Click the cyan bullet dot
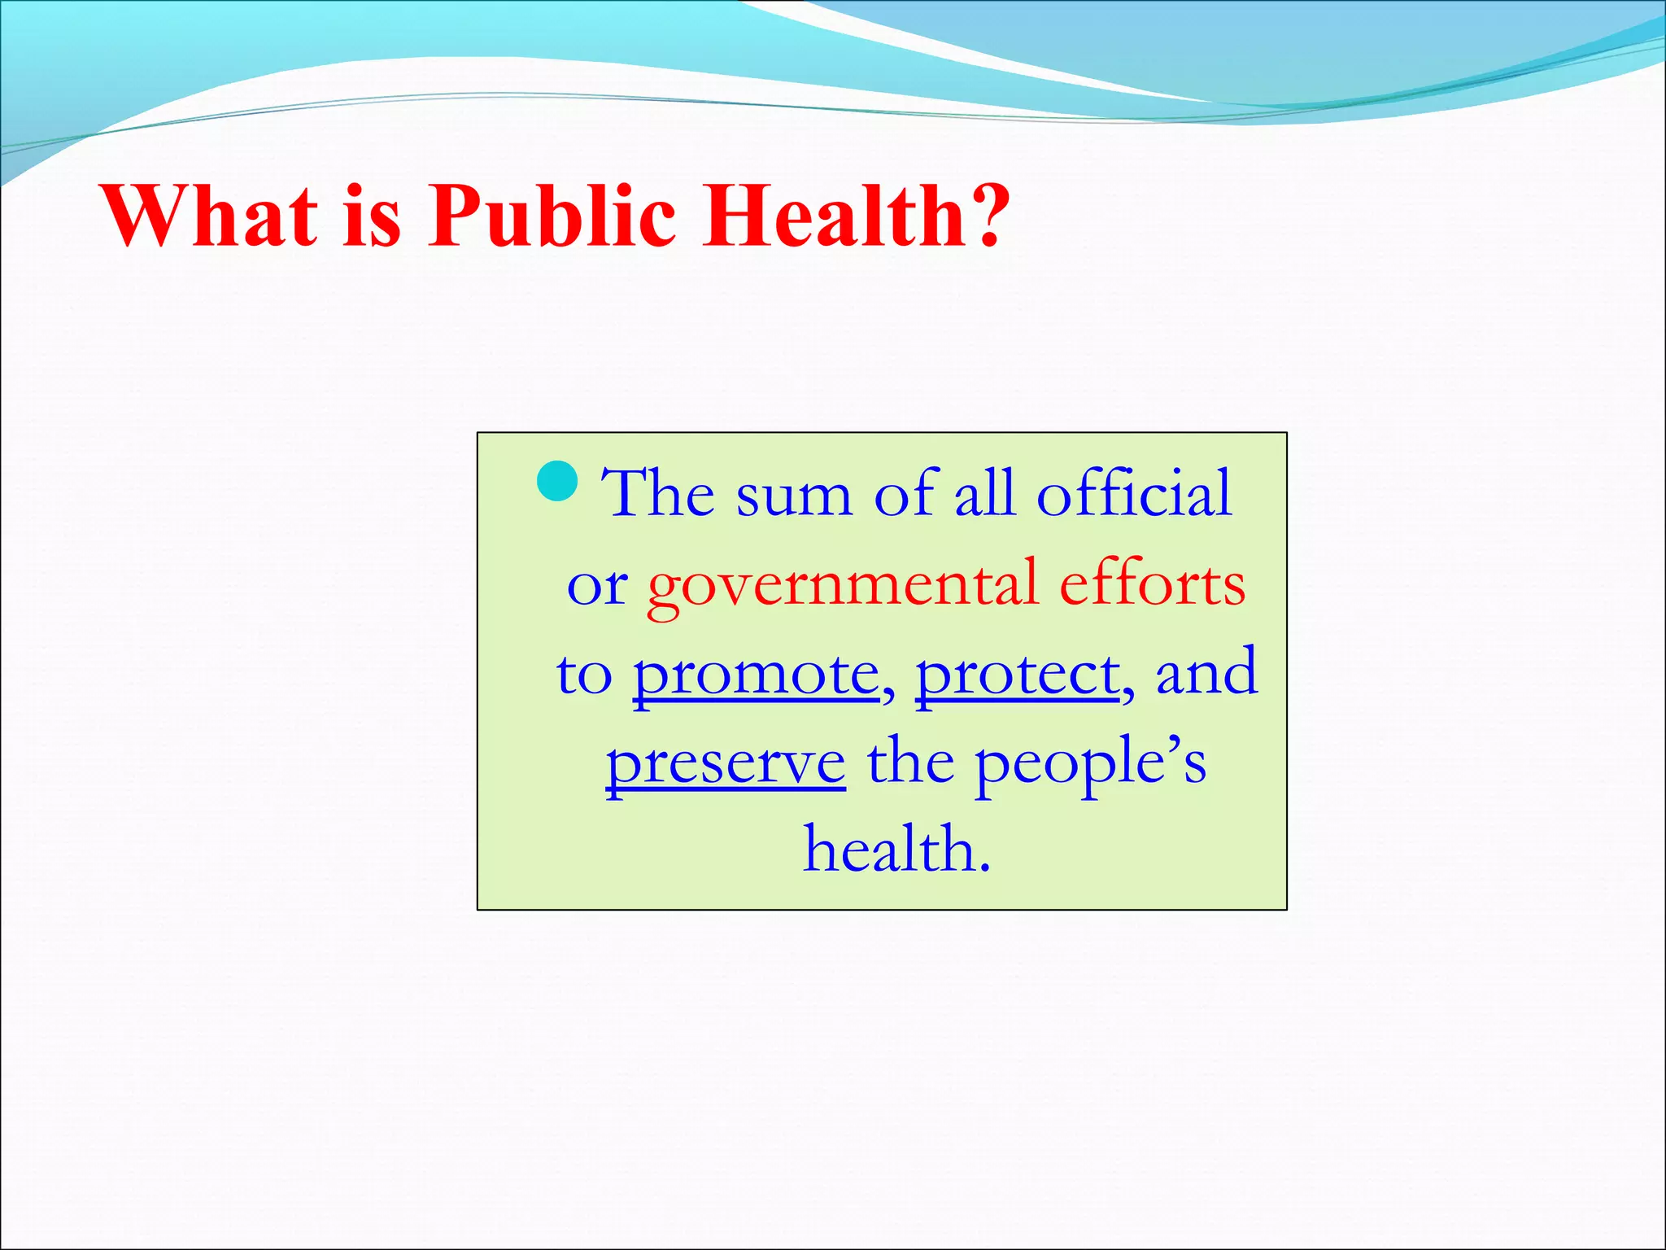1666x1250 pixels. click(x=558, y=482)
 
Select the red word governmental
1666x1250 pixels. click(x=843, y=586)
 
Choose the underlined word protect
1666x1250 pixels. click(x=1018, y=675)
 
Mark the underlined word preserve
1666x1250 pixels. click(x=726, y=765)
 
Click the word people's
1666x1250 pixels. click(x=1090, y=765)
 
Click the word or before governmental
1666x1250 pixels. click(x=597, y=586)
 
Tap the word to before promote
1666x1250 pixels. click(x=583, y=675)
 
